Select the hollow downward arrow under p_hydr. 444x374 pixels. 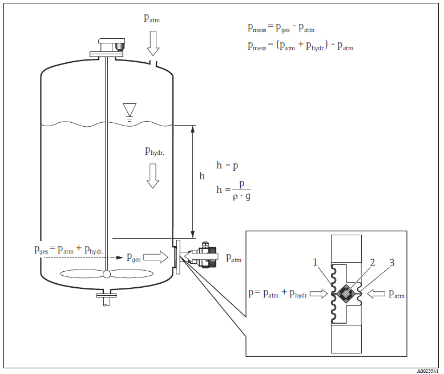(152, 175)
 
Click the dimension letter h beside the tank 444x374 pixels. (201, 176)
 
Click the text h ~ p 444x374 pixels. (227, 165)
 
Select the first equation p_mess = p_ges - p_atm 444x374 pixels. (281, 27)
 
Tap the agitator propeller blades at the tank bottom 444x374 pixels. (106, 274)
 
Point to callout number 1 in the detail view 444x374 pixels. (314, 263)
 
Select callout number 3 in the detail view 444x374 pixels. (392, 263)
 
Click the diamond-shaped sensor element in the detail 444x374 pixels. (346, 294)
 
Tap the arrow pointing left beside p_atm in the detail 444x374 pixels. (377, 293)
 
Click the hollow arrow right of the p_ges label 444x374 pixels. (155, 259)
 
